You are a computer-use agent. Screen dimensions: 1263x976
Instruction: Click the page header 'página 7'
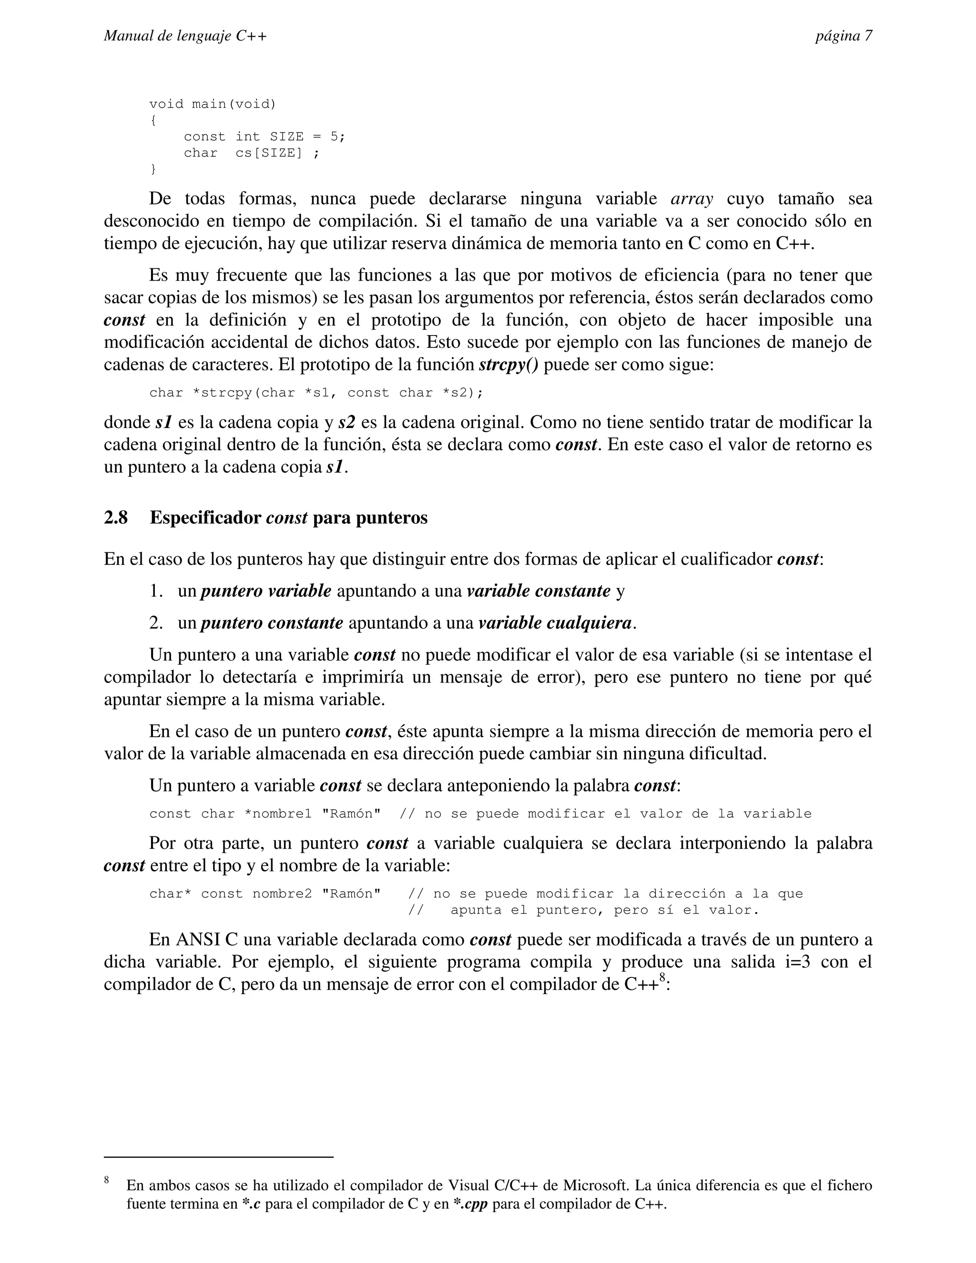843,36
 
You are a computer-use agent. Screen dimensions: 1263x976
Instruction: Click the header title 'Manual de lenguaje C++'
185,36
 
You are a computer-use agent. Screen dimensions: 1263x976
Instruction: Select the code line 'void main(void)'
213,104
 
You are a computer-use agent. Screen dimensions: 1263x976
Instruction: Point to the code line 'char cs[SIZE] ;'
251,153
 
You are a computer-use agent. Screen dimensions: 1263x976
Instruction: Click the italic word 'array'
691,199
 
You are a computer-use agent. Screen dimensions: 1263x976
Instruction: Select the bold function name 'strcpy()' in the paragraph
509,366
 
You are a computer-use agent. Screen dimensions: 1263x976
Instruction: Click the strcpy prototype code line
315,393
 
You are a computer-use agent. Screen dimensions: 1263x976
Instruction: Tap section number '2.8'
116,518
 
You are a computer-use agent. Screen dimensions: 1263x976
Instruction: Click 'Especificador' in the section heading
205,518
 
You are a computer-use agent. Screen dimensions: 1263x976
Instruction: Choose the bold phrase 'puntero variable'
266,591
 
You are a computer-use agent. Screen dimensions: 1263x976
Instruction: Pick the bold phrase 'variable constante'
539,591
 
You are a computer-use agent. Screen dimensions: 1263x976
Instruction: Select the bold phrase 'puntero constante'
272,623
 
